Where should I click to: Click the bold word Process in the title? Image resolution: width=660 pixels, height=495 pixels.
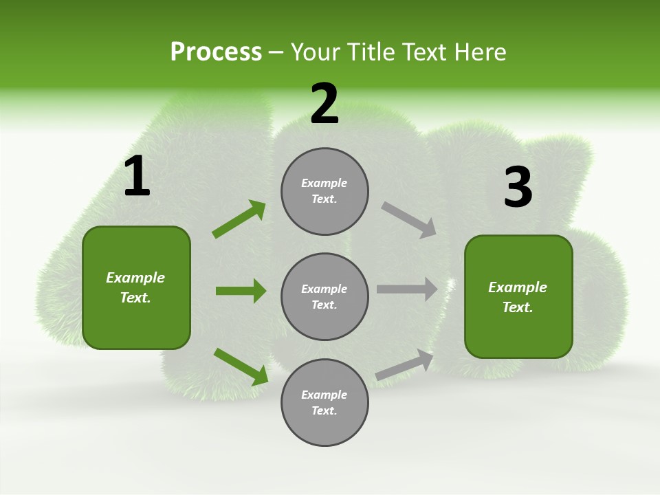(216, 52)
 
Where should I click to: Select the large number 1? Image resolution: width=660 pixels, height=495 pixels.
(137, 177)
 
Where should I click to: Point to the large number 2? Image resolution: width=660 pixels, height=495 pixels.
(324, 104)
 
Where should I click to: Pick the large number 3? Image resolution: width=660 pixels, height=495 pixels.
(518, 188)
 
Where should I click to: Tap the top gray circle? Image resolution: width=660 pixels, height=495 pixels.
(324, 191)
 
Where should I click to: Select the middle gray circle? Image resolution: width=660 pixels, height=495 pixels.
(324, 296)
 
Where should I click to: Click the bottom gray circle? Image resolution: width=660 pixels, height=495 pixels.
(324, 402)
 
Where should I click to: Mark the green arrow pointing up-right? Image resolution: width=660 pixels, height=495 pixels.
(239, 219)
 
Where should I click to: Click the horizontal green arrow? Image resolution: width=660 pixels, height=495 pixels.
(241, 291)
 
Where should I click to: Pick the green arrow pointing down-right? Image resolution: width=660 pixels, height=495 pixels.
(241, 366)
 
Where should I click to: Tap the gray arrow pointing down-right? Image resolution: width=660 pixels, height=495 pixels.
(408, 220)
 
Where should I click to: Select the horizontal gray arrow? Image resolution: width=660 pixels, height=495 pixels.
(406, 289)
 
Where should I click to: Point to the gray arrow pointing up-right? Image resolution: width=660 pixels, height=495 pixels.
(404, 365)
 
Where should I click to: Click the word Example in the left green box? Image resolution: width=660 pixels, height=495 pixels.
(135, 278)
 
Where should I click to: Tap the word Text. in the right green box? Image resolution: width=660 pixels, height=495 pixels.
(518, 307)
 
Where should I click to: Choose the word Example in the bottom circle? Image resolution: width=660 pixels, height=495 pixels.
(324, 395)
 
